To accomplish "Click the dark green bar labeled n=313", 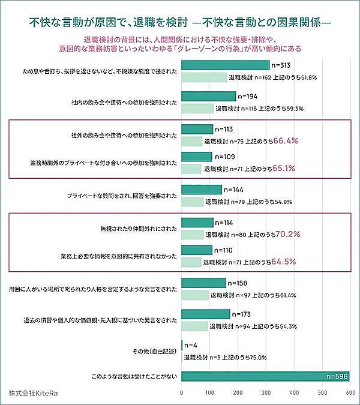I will tap(225, 65).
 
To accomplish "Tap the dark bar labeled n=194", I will tap(208, 97).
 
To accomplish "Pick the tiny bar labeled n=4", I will tap(182, 346).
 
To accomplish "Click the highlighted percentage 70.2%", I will tap(287, 233).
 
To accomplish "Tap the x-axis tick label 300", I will tap(265, 393).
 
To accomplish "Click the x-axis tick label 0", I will tap(182, 393).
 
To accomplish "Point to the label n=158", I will tap(237, 283).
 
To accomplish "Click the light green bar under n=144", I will tap(192, 202).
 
